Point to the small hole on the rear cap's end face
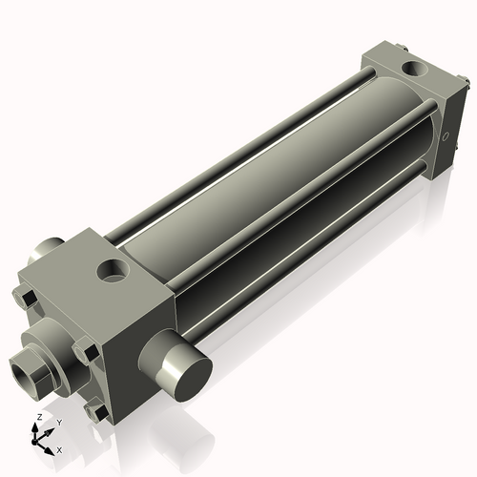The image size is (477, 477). (x=446, y=137)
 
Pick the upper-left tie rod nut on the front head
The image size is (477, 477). (x=25, y=298)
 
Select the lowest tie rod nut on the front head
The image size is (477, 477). (x=96, y=412)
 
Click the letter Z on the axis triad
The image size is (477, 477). (x=39, y=418)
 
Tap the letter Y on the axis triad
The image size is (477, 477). (x=59, y=422)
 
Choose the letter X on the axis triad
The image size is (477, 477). (x=60, y=448)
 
